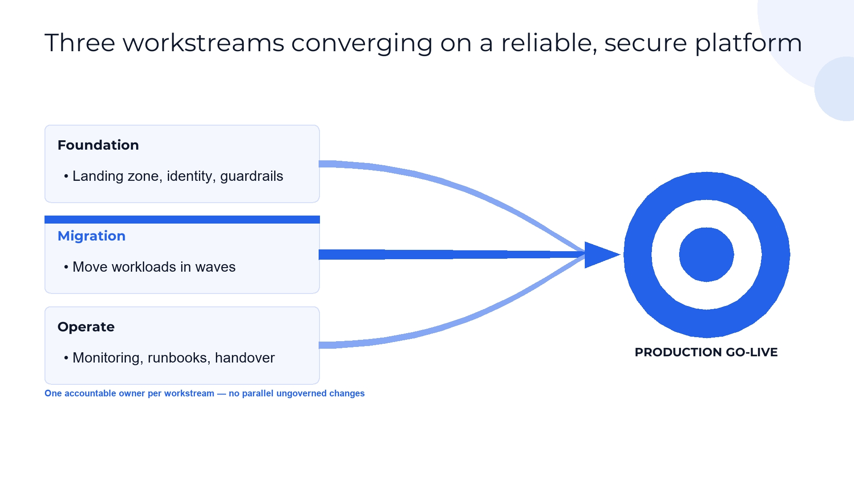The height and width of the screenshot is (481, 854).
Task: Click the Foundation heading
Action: pyautogui.click(x=98, y=145)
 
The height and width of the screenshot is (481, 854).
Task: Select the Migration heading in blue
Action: pyautogui.click(x=92, y=236)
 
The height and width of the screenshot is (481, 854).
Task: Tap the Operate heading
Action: pyautogui.click(x=86, y=327)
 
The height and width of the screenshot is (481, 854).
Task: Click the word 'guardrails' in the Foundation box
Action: pyautogui.click(x=251, y=176)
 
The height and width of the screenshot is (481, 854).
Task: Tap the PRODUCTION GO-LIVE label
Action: pyautogui.click(x=706, y=352)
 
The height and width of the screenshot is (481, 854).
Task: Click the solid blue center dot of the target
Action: pyautogui.click(x=707, y=255)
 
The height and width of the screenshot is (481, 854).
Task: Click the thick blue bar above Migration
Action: pyautogui.click(x=182, y=220)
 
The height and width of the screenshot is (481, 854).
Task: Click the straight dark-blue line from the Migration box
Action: pyautogui.click(x=452, y=255)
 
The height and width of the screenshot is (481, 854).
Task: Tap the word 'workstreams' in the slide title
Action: pyautogui.click(x=203, y=43)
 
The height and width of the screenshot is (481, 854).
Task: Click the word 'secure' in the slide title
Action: pyautogui.click(x=646, y=43)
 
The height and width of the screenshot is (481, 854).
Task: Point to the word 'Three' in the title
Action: pyautogui.click(x=80, y=43)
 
